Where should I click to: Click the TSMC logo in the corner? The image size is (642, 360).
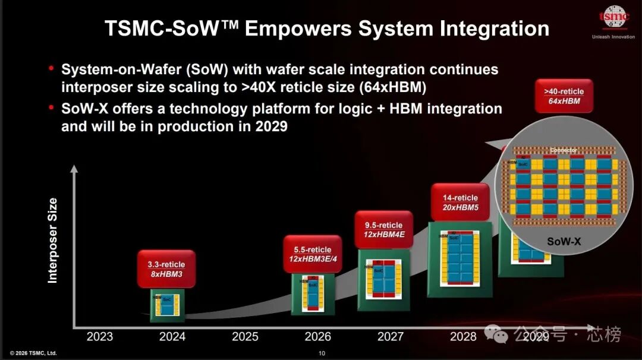point(613,18)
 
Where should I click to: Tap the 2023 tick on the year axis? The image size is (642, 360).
point(99,337)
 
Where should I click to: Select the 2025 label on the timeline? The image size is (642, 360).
point(245,337)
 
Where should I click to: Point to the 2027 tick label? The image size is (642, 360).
point(391,337)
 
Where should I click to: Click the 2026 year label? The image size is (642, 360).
point(317,337)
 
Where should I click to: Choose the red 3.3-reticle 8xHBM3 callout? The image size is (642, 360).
point(166,269)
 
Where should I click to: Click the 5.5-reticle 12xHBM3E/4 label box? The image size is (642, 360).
point(312,254)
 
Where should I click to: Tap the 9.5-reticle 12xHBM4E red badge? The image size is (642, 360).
point(383,230)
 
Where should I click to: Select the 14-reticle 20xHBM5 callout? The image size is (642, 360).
point(460,202)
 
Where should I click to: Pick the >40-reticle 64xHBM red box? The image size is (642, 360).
point(564,96)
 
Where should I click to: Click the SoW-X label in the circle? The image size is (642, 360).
point(564,242)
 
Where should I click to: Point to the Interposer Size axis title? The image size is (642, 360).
point(53,241)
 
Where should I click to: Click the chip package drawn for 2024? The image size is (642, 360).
point(167,305)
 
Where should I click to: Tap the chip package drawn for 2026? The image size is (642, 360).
point(313,295)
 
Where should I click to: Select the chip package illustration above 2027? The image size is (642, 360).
point(383,279)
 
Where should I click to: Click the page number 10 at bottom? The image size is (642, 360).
point(322,353)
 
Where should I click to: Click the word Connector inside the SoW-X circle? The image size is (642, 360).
point(564,150)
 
